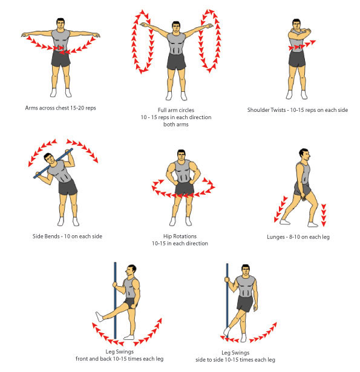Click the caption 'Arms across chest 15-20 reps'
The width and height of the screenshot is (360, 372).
tap(61, 107)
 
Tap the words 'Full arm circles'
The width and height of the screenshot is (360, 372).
tap(177, 109)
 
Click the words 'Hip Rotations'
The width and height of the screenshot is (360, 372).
tap(180, 236)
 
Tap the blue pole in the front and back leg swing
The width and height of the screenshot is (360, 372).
tap(115, 302)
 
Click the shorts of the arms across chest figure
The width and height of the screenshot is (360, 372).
tap(61, 58)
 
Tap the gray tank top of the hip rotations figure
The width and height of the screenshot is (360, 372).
tap(180, 172)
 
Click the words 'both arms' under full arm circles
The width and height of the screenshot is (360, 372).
tap(177, 125)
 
